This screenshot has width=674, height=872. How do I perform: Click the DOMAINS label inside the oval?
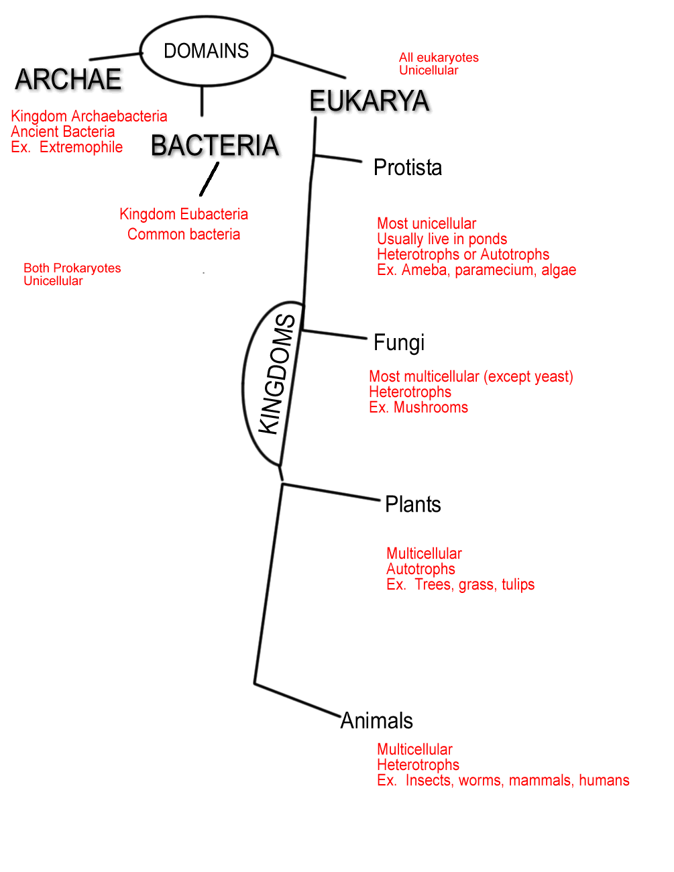click(x=206, y=51)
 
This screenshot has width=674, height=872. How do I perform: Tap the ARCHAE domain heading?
click(x=68, y=80)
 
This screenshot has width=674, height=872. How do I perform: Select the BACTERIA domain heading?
click(x=215, y=146)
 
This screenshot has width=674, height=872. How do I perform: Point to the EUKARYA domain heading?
click(x=369, y=101)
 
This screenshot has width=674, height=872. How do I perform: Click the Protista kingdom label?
click(x=408, y=168)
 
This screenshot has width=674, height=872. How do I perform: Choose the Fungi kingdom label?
click(x=399, y=343)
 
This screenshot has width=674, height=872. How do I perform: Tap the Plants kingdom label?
click(x=413, y=504)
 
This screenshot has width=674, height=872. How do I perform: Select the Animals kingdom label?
click(x=377, y=720)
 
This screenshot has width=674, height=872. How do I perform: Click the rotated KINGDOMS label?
click(x=278, y=375)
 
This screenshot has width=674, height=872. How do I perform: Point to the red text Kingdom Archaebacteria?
click(x=89, y=116)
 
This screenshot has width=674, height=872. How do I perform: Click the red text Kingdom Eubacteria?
click(x=184, y=214)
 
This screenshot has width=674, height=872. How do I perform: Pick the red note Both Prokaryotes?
click(x=72, y=268)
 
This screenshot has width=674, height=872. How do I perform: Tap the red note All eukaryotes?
click(x=439, y=58)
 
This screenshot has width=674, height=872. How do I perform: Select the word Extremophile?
click(x=81, y=148)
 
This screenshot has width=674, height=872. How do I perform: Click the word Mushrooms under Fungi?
click(x=431, y=408)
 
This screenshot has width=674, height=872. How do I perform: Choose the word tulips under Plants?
click(x=518, y=585)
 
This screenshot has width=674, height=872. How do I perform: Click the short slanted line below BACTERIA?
click(x=209, y=180)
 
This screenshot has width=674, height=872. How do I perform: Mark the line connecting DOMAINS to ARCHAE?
click(x=115, y=56)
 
